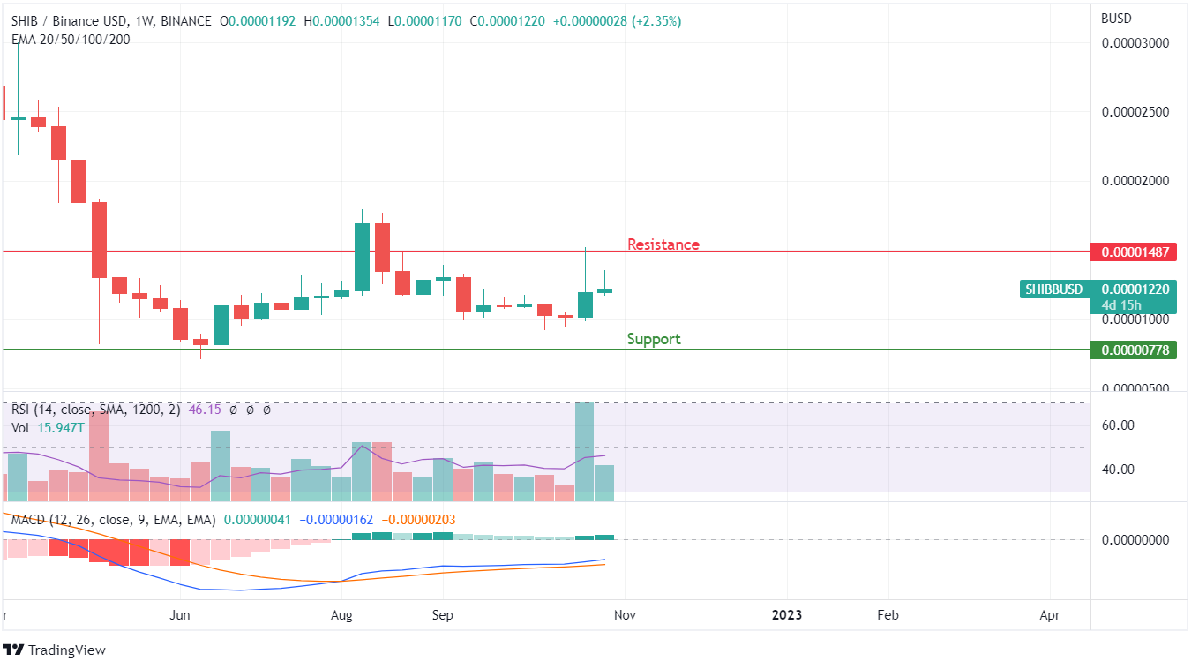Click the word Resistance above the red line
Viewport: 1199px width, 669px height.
663,244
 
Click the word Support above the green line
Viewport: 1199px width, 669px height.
653,339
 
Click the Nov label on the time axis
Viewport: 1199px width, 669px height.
624,615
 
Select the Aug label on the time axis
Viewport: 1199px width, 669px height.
341,615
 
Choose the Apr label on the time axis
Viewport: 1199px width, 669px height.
1050,615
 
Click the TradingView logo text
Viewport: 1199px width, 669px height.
66,650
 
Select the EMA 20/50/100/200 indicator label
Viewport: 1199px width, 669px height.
71,39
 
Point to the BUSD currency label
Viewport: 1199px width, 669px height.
1116,19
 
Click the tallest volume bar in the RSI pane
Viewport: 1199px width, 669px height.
584,452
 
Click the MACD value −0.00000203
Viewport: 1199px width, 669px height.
423,521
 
